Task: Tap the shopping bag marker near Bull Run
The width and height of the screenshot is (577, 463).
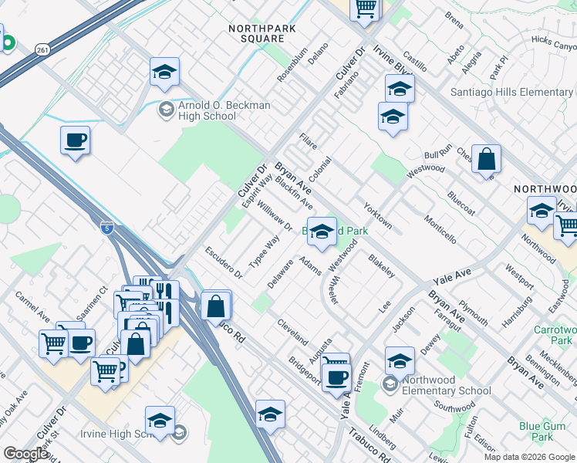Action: click(486, 159)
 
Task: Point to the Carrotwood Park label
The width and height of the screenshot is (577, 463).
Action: click(553, 334)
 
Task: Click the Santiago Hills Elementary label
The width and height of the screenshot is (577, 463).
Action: click(513, 93)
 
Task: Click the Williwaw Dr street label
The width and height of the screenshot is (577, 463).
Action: click(275, 216)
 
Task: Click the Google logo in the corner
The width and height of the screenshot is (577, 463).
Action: click(25, 454)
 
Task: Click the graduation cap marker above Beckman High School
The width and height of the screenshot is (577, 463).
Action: click(164, 73)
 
